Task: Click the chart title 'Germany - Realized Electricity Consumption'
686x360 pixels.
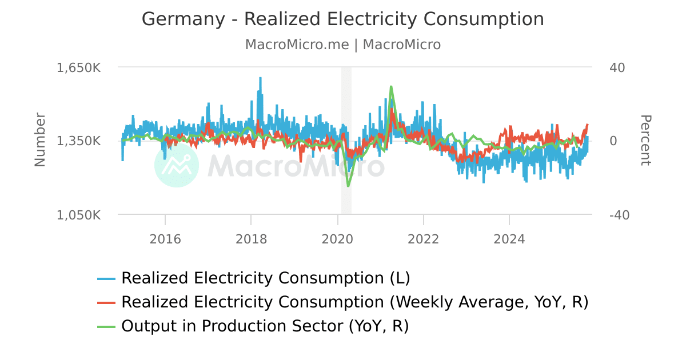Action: (x=342, y=19)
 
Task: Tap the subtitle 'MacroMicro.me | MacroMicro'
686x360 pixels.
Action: (x=342, y=45)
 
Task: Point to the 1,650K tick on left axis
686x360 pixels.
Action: (x=78, y=67)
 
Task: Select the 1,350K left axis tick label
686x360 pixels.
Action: (x=78, y=141)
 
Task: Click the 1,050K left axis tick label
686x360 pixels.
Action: (x=78, y=215)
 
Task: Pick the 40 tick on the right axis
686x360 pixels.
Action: (x=617, y=67)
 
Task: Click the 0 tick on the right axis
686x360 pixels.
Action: (x=613, y=141)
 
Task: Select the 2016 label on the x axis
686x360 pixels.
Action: (x=165, y=239)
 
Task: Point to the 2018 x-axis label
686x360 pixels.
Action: (x=251, y=239)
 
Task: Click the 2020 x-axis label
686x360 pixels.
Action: (x=337, y=239)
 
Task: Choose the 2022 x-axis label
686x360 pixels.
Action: (x=424, y=239)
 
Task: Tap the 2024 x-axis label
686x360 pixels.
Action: (x=509, y=239)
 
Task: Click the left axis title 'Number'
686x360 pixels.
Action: (x=39, y=140)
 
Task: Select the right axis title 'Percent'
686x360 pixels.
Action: (x=645, y=140)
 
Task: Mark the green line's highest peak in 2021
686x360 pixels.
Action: (x=391, y=87)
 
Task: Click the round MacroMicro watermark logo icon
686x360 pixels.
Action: (x=177, y=165)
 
